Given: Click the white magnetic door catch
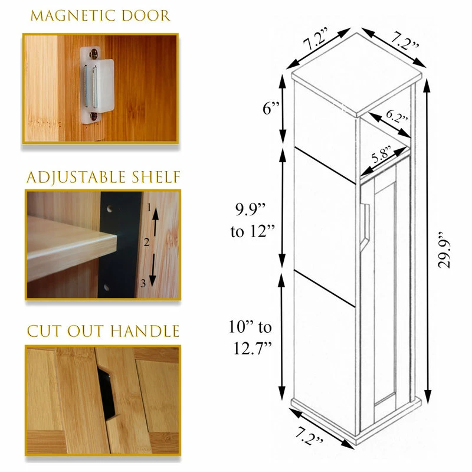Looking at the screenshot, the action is click(x=97, y=85).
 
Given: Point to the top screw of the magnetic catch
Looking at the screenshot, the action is click(x=94, y=54).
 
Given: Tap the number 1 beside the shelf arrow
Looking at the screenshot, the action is click(x=149, y=208).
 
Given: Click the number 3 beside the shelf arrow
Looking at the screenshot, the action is click(x=143, y=283).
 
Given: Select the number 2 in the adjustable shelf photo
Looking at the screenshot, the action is click(x=146, y=242).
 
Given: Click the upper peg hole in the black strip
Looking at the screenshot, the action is click(x=110, y=209).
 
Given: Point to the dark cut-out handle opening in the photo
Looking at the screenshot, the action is click(x=106, y=393).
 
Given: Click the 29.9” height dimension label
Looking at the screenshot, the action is click(x=444, y=250).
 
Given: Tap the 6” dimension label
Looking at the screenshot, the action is click(x=271, y=109).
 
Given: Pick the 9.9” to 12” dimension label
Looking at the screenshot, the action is click(x=253, y=221).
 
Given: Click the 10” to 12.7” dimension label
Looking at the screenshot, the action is click(x=250, y=337).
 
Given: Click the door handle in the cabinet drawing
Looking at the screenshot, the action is click(x=365, y=227).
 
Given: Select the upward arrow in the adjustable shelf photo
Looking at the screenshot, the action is click(x=155, y=222).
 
